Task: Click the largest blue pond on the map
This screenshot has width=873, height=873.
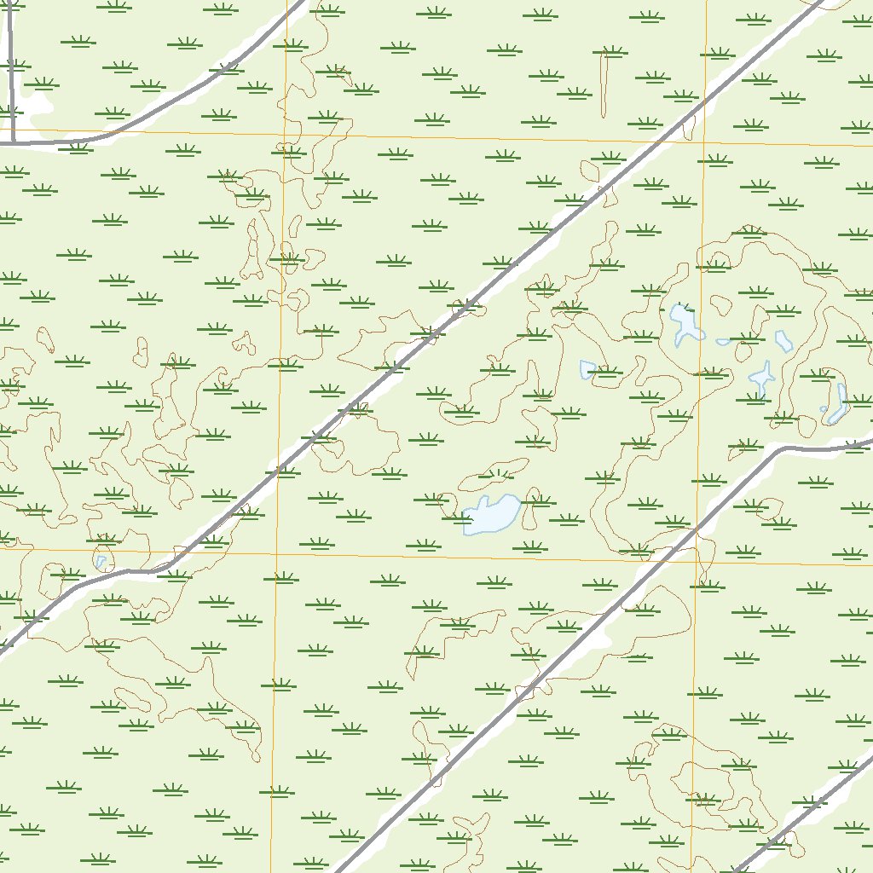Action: click(x=492, y=514)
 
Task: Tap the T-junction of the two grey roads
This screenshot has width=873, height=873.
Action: click(x=13, y=142)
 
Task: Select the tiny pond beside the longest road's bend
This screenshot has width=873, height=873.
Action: click(x=101, y=562)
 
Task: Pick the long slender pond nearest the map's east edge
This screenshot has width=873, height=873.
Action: click(x=838, y=405)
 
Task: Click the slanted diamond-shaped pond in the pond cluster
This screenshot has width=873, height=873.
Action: click(x=783, y=341)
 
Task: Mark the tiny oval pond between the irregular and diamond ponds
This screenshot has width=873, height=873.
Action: click(x=723, y=342)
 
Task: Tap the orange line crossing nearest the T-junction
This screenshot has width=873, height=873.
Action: click(x=285, y=133)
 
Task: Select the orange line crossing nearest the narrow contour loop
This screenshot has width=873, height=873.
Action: click(x=706, y=141)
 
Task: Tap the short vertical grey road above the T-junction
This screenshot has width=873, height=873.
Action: click(x=10, y=68)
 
